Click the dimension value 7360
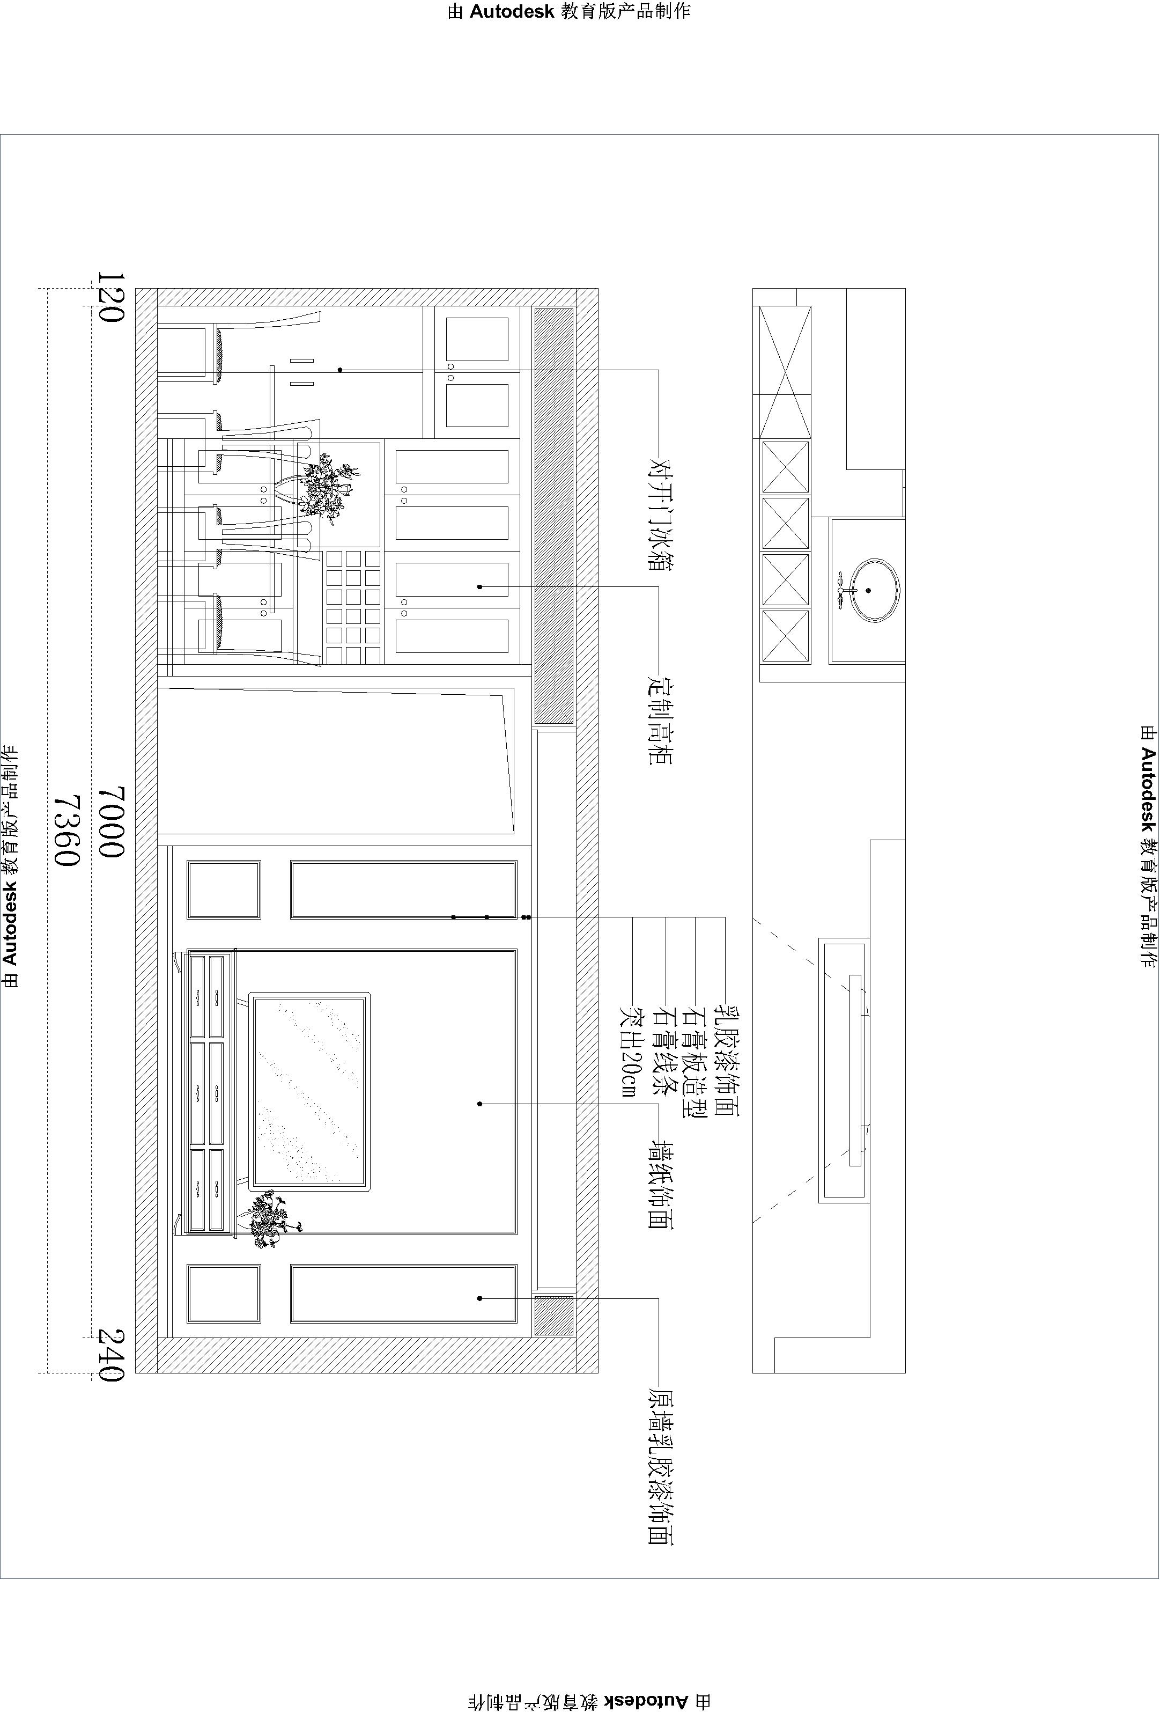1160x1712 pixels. point(67,830)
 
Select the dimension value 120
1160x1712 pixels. point(111,296)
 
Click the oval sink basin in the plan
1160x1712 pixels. point(876,590)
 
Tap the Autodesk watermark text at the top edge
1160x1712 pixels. point(570,11)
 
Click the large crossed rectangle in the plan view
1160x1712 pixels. point(785,372)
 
